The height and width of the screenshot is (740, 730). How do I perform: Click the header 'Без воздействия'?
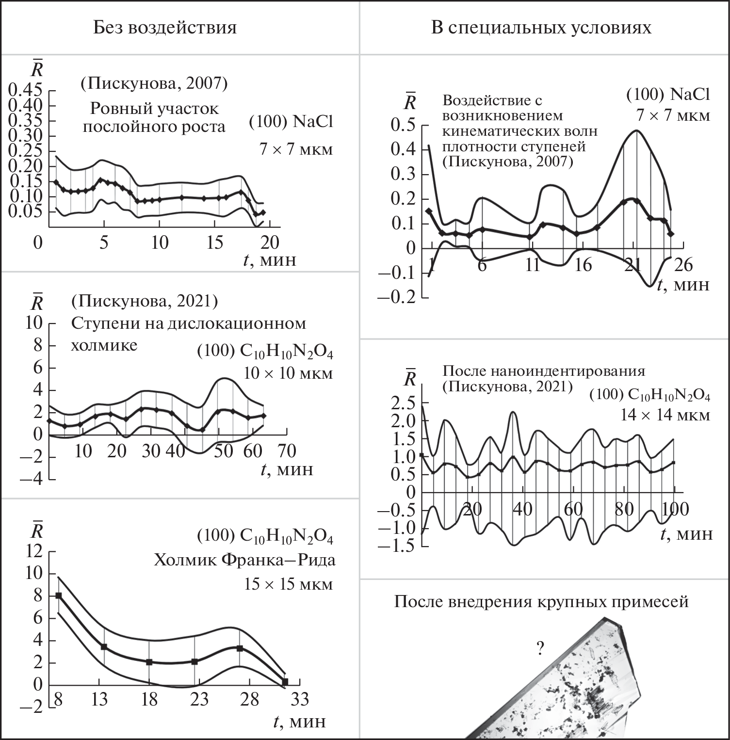(x=165, y=28)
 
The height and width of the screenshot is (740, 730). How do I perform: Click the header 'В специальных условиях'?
(x=541, y=28)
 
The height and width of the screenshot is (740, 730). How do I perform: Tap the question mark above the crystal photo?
(x=539, y=648)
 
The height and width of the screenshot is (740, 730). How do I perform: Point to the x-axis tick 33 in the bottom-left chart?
(x=299, y=699)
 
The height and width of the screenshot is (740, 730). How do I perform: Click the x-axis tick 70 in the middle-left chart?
(x=287, y=451)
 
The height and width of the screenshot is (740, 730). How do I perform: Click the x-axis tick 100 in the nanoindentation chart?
(x=675, y=509)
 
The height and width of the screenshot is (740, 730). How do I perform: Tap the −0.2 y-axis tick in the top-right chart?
(x=396, y=297)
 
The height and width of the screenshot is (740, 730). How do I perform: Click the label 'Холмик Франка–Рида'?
(x=245, y=561)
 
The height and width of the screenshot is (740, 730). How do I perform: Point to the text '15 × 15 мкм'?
(x=288, y=584)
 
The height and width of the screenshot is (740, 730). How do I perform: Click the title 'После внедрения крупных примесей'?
(x=541, y=602)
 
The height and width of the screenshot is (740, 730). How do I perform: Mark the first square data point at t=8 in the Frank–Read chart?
(x=58, y=595)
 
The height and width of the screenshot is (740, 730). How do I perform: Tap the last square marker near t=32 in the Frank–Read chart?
(x=285, y=682)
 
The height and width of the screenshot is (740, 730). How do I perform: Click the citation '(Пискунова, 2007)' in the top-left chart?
(x=154, y=83)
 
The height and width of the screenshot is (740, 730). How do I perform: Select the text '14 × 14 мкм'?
(x=665, y=416)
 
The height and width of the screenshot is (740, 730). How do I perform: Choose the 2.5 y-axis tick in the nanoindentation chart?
(x=404, y=403)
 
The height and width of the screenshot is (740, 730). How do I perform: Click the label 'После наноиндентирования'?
(x=544, y=371)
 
